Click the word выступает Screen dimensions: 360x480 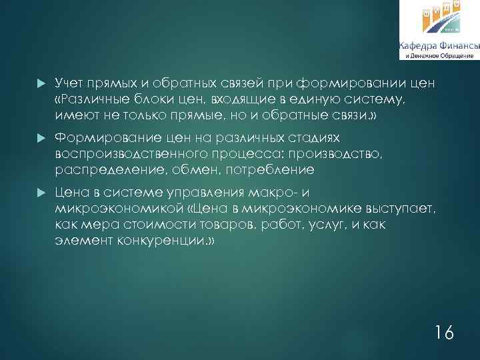click(x=404, y=210)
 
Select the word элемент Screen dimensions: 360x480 click(x=79, y=241)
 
